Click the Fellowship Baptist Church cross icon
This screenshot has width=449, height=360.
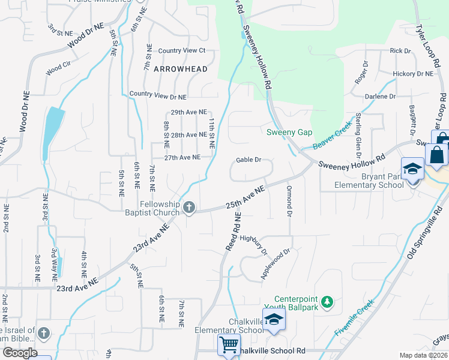click(x=189, y=208)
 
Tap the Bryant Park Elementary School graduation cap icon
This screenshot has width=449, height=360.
click(x=413, y=169)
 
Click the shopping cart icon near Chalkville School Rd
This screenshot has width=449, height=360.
click(x=228, y=345)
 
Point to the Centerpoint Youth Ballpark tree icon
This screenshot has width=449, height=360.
click(x=327, y=301)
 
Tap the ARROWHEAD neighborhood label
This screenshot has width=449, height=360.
click(x=181, y=69)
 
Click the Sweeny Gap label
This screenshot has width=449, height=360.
click(x=287, y=132)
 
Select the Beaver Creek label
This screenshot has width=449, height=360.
click(x=331, y=137)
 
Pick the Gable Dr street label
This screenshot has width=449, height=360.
click(x=249, y=160)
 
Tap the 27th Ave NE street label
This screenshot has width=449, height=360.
click(x=182, y=157)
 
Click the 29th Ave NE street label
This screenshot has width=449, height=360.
click(x=188, y=112)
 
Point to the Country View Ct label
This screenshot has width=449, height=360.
click(x=182, y=50)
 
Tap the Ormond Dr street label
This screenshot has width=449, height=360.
click(x=289, y=201)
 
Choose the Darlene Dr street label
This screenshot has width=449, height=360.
click(x=381, y=96)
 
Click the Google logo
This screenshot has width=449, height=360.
click(x=20, y=353)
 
